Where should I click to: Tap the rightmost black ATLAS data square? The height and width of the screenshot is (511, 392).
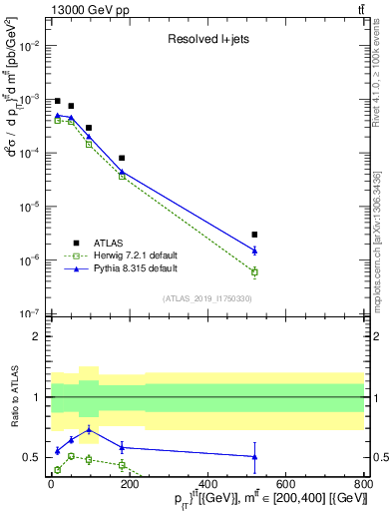(255, 235)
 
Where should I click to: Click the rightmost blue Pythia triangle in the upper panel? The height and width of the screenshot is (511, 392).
(255, 251)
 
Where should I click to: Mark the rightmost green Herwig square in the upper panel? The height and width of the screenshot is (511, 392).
(255, 271)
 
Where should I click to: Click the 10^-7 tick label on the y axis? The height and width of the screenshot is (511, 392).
(32, 313)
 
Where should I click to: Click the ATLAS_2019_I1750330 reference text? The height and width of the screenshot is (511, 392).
(206, 298)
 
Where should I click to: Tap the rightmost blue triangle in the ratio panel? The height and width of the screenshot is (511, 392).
(255, 456)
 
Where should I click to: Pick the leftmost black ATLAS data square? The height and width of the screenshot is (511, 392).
(58, 101)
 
